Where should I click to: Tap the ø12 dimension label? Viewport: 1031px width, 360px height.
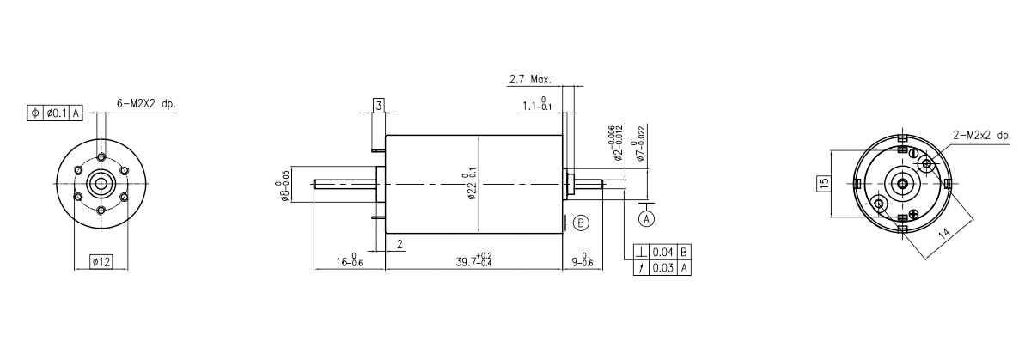pyautogui.click(x=101, y=262)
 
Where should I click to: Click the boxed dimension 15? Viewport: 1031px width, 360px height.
pyautogui.click(x=823, y=182)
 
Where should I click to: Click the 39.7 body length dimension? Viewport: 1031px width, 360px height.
pyautogui.click(x=473, y=260)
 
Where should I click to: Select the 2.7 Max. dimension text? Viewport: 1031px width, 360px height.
pyautogui.click(x=529, y=79)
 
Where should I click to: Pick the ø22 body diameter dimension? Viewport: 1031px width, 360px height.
pyautogui.click(x=472, y=184)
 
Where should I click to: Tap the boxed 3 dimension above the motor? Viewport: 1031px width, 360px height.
pyautogui.click(x=379, y=106)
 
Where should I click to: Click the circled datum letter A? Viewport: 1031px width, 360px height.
pyautogui.click(x=647, y=217)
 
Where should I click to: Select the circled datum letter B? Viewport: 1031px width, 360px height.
pyautogui.click(x=582, y=223)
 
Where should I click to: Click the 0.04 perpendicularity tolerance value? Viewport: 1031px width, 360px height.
pyautogui.click(x=663, y=253)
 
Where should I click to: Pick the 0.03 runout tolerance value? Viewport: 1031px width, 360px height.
pyautogui.click(x=663, y=268)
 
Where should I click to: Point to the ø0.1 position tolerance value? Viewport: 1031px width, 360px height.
pyautogui.click(x=57, y=113)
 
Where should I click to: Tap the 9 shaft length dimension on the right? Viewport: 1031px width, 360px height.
pyautogui.click(x=582, y=260)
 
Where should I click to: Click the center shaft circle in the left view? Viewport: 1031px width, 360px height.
pyautogui.click(x=101, y=183)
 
